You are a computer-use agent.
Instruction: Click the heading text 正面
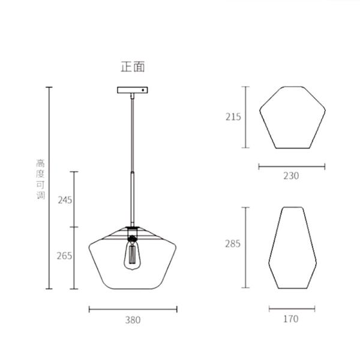coord(133,67)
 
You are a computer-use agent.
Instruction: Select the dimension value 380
coord(133,320)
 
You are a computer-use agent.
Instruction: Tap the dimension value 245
coord(65,200)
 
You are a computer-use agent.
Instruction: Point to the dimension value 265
coord(65,256)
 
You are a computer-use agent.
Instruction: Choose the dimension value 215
coord(233,117)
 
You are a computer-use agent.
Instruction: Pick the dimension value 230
coord(291,176)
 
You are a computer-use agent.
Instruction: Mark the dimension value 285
coord(233,244)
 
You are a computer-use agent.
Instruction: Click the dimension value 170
coord(290,319)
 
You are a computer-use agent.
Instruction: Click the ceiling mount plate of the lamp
coord(132,91)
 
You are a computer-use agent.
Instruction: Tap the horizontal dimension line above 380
coord(133,310)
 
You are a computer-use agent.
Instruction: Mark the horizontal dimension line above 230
coord(292,167)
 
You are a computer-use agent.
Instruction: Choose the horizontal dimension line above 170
coord(292,309)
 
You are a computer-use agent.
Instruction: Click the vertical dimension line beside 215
coord(245,117)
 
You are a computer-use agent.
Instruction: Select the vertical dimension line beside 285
coord(245,247)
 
